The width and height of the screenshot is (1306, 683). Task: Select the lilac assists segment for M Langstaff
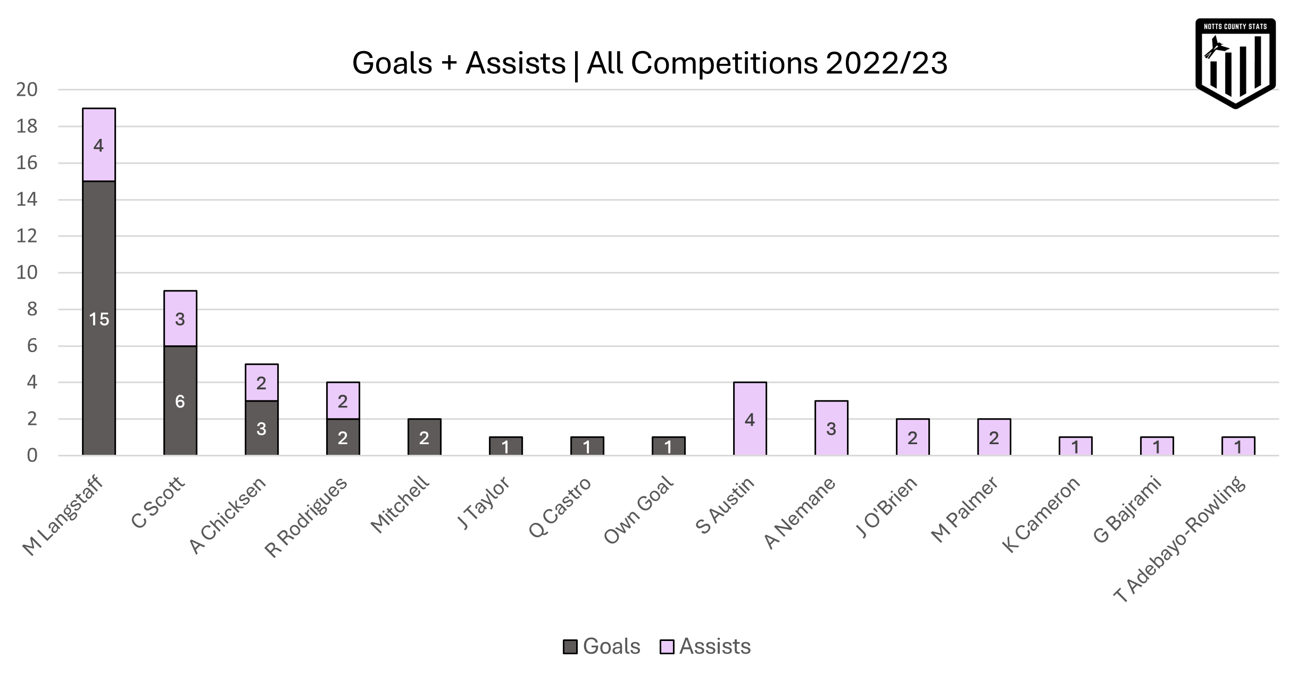99,145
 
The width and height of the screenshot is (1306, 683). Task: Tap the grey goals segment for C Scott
180,401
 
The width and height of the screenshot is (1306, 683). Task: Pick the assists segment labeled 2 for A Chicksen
261,383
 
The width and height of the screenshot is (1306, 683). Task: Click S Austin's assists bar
750,419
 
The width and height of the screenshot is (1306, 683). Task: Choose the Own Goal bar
668,447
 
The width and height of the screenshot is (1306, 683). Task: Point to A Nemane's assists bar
831,429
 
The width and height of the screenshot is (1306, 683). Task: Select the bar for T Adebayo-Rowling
1238,447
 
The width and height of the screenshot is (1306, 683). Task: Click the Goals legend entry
602,646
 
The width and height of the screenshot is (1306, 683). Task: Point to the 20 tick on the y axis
27,90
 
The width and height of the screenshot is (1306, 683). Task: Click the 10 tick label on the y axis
27,273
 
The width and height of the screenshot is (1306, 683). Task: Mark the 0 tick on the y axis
32,456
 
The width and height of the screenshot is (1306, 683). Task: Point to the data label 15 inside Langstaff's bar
99,319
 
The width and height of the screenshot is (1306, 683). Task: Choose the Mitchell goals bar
424,437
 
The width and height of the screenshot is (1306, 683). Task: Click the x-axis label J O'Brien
886,507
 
